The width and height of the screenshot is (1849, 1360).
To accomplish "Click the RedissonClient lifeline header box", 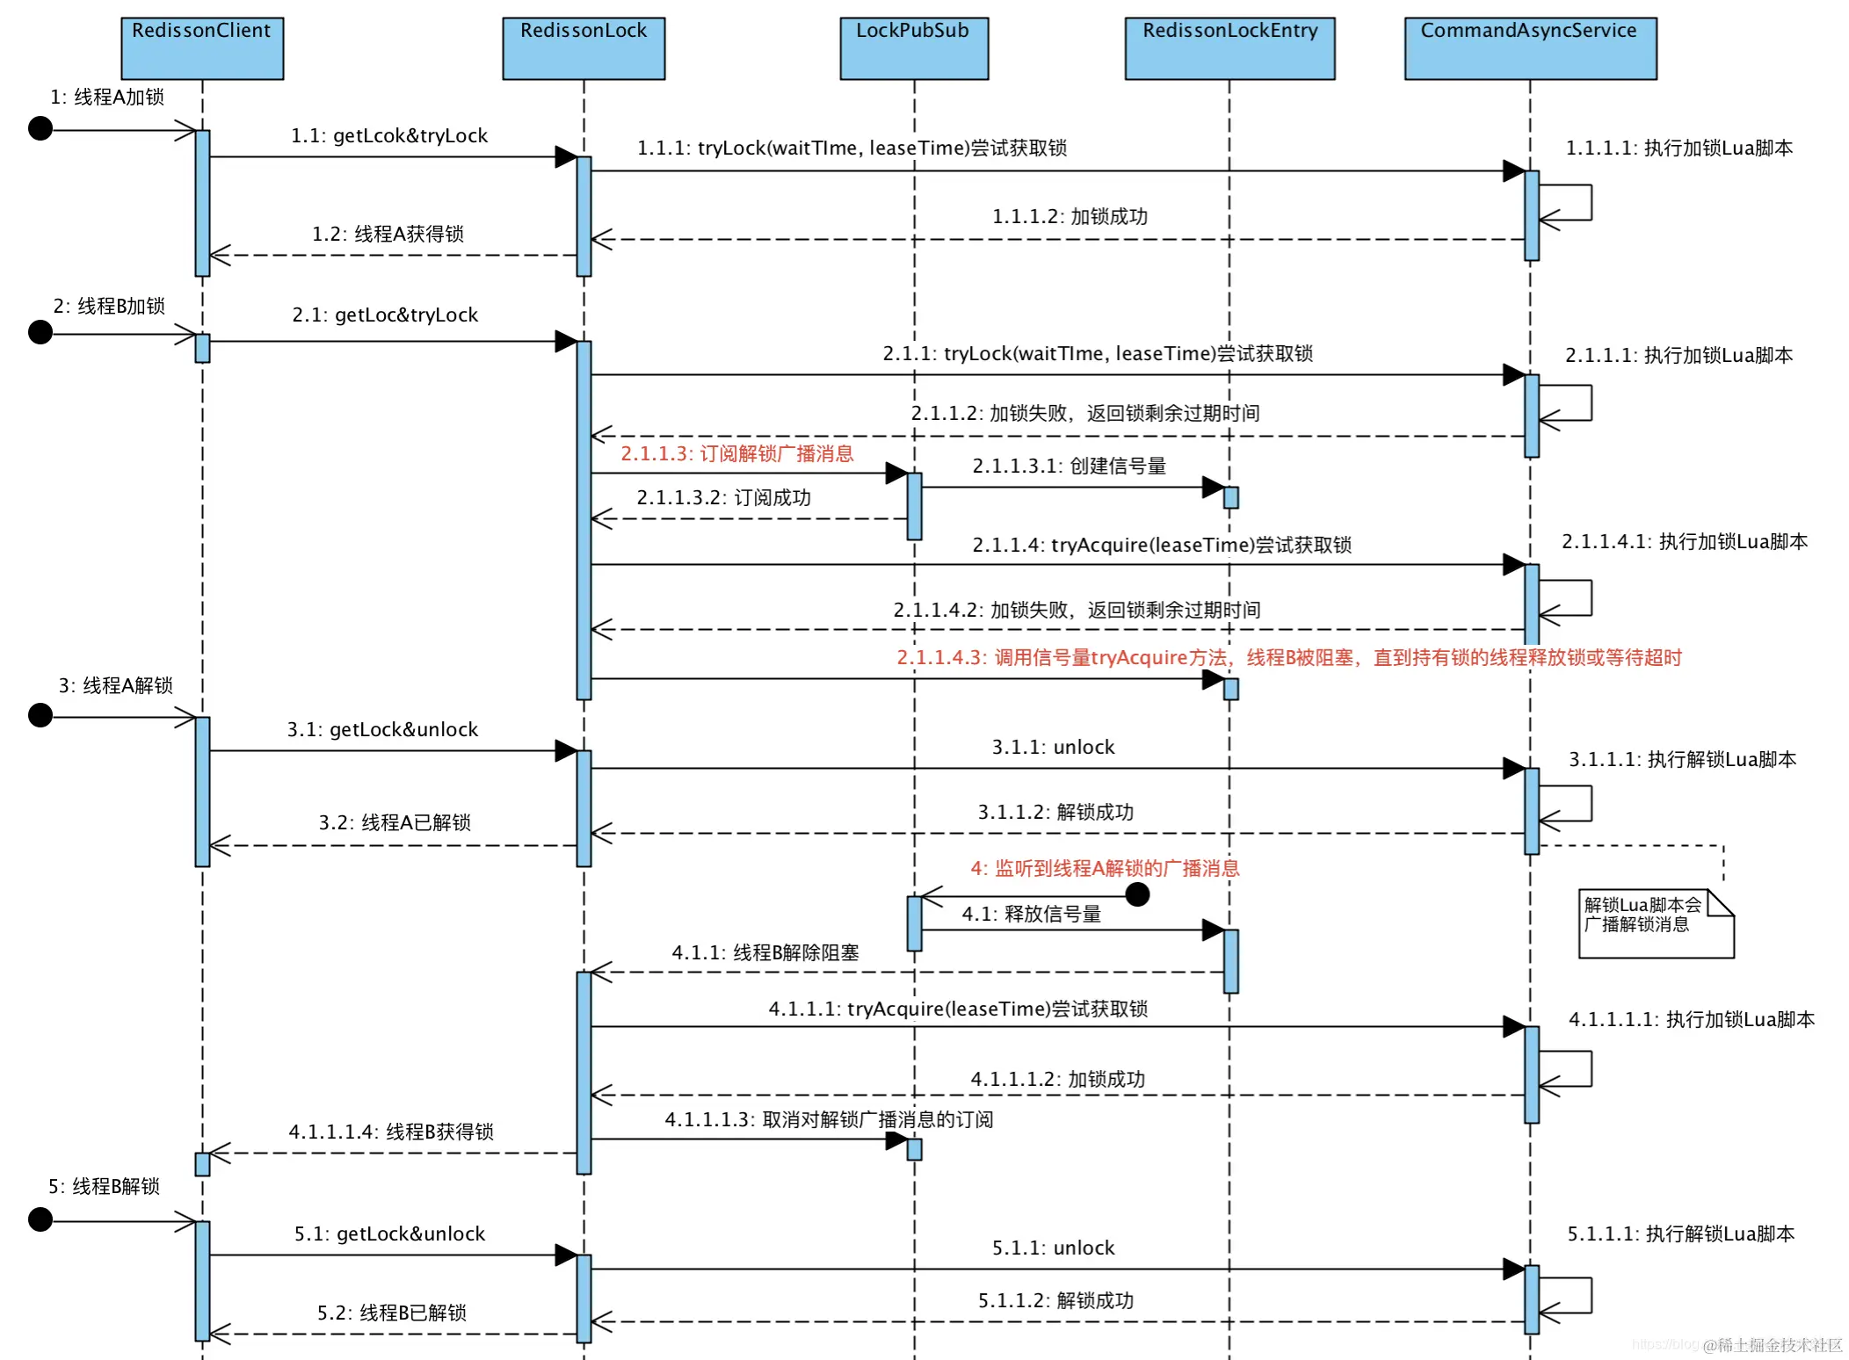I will [x=202, y=48].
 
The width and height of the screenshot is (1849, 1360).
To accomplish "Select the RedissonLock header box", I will [x=584, y=48].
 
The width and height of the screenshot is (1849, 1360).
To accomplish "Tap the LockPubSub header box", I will [x=914, y=48].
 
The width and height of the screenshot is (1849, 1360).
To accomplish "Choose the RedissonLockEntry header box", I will [x=1229, y=48].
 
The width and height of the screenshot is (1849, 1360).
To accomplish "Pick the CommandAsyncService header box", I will [x=1530, y=48].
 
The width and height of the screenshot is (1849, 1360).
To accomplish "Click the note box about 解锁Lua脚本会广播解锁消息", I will [x=1655, y=923].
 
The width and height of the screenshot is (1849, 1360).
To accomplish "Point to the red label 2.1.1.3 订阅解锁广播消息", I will [x=736, y=453].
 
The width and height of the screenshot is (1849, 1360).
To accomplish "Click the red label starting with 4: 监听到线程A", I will [x=1105, y=868].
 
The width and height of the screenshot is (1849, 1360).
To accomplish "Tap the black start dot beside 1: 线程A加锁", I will [x=40, y=128].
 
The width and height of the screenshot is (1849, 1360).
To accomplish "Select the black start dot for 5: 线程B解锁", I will [x=40, y=1219].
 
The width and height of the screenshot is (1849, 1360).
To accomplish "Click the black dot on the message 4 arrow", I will [x=1137, y=894].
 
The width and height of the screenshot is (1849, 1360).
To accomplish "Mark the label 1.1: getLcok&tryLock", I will [x=389, y=135].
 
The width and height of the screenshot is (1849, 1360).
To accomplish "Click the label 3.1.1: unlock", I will [x=1053, y=747].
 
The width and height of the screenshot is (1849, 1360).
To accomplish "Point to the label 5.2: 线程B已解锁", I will [x=391, y=1313].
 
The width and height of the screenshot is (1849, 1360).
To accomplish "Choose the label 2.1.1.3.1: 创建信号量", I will [x=1069, y=466].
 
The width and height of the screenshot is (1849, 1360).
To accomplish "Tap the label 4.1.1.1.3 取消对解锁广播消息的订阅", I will [x=829, y=1119].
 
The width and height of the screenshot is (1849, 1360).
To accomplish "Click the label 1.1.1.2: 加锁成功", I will [x=1070, y=216].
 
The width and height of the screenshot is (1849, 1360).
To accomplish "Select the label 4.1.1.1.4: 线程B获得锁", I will [x=391, y=1132].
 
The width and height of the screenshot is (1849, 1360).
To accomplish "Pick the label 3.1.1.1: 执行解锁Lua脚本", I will [x=1682, y=759].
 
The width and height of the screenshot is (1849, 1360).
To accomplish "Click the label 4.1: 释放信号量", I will [x=1031, y=914].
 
